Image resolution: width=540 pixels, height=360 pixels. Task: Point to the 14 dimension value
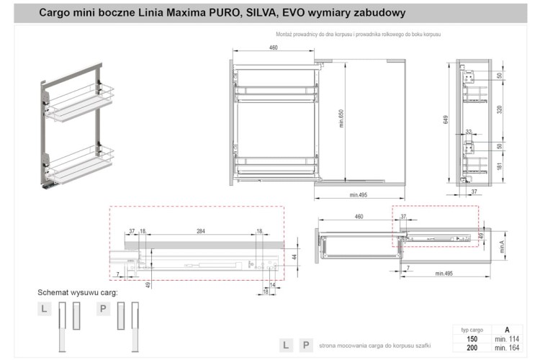click(272, 285)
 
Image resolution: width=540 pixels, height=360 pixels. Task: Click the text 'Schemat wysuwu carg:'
click(78, 293)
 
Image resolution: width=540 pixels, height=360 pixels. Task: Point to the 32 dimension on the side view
click(468, 132)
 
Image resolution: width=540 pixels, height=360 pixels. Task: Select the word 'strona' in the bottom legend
click(329, 346)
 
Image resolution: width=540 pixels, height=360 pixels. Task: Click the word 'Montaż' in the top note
click(286, 35)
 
